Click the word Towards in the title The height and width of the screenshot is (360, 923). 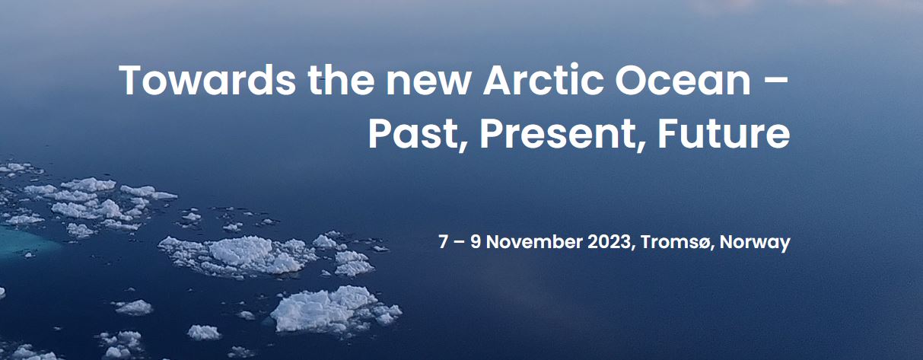point(207,80)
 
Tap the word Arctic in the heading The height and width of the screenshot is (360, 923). point(543,80)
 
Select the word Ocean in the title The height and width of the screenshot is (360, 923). point(683,80)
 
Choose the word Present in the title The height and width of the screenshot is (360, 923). point(557,134)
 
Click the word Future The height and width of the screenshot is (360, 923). point(724,134)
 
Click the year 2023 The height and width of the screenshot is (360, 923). point(609,242)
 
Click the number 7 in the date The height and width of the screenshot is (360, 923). point(443,242)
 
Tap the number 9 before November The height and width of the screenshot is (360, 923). point(476,242)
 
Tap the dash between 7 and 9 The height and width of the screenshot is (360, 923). point(459,243)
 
